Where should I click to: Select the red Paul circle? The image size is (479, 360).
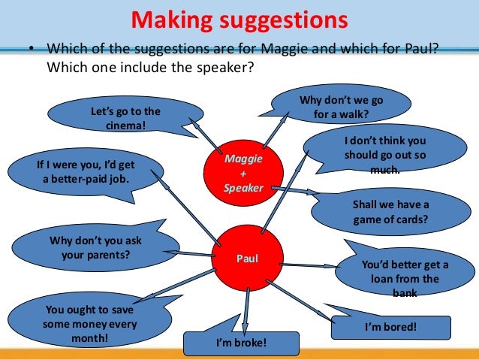click(248, 259)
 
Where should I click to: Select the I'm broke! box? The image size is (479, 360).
click(241, 343)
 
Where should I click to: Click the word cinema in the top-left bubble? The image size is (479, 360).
click(125, 125)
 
